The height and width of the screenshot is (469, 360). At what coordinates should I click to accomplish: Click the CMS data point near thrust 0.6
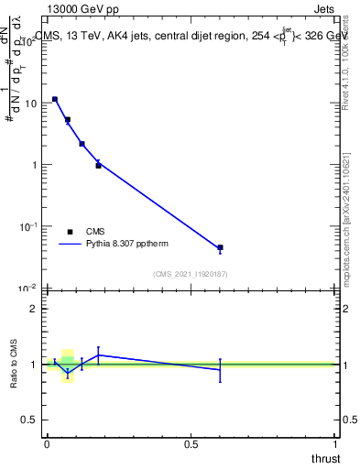coord(220,248)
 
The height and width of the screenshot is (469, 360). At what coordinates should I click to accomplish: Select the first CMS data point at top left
coord(55,99)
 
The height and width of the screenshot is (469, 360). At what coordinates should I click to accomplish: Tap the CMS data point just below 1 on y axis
coord(98,166)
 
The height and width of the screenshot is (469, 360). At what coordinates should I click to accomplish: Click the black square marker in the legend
coord(71,232)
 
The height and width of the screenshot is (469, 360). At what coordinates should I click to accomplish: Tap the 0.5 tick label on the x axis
coord(191,444)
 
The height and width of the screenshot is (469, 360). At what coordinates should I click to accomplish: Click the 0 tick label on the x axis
coord(47,444)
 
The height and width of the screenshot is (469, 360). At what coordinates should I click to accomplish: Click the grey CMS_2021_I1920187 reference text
coord(191,274)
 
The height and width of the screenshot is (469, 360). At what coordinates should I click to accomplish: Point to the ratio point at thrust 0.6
coord(220,369)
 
